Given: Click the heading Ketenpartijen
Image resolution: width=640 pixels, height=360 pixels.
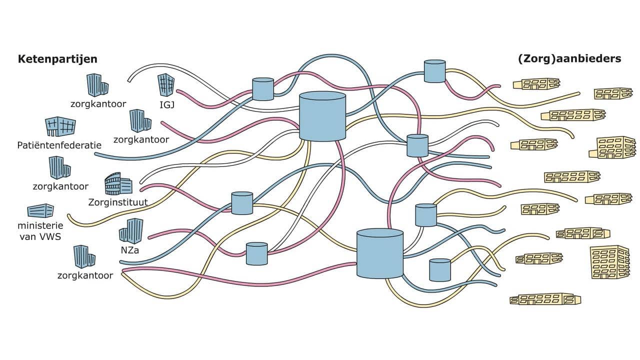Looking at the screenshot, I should [x=57, y=59].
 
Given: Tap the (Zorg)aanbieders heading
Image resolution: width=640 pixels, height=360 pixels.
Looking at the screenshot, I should [x=569, y=58].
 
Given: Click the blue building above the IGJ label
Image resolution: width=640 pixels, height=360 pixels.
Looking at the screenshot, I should [x=166, y=85].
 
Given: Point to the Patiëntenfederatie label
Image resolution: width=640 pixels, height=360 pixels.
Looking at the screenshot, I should [x=59, y=145].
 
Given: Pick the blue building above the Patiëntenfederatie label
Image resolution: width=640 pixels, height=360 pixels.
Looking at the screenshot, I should [x=60, y=127].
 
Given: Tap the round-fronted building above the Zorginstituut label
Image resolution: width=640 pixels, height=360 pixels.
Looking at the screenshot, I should [x=118, y=184].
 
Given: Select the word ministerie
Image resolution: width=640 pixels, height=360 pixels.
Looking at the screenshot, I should [x=40, y=225].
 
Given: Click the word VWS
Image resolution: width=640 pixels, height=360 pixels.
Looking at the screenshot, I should [x=50, y=236].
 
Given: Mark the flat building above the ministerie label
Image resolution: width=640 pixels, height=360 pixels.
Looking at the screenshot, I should [x=40, y=211].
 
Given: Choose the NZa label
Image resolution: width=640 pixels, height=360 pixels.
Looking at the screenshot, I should [x=130, y=250].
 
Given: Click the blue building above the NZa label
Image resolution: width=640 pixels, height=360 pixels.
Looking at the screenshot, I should [x=131, y=231].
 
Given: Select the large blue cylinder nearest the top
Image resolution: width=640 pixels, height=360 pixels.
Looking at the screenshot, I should [x=322, y=116].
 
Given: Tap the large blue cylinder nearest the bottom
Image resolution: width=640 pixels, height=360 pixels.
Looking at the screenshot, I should [x=380, y=253].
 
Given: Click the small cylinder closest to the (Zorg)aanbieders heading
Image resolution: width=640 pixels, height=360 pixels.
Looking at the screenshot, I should [x=434, y=71].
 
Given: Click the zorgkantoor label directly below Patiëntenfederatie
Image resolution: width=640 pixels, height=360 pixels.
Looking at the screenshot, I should [x=60, y=186].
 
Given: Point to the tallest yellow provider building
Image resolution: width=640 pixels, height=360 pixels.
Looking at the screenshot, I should [x=609, y=261].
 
